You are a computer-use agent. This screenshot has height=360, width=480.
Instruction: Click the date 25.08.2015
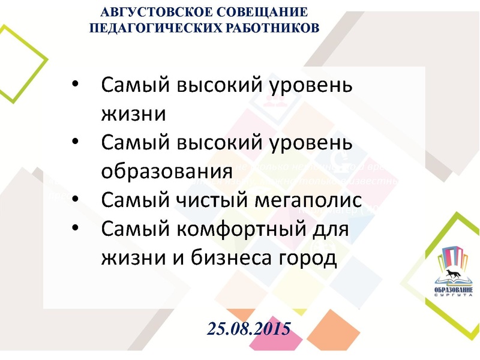tap(249, 328)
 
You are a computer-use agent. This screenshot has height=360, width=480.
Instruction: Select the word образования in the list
tap(166, 170)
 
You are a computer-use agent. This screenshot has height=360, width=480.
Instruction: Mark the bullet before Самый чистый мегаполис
tap(74, 199)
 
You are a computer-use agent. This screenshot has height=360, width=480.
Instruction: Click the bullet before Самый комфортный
tap(74, 227)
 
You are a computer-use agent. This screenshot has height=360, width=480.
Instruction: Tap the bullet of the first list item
tap(74, 84)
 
